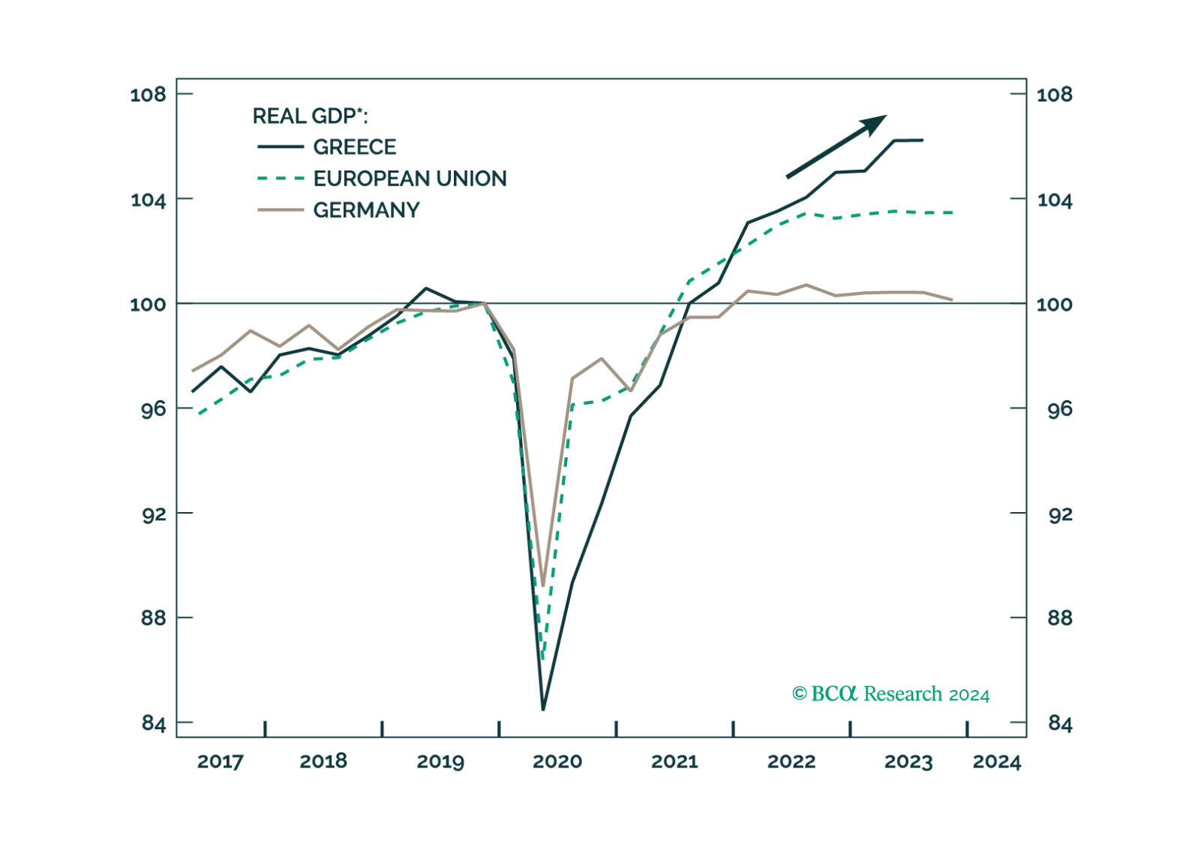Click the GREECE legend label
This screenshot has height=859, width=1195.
click(356, 148)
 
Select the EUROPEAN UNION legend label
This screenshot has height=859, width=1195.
click(410, 178)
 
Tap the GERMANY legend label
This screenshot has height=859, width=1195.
click(365, 210)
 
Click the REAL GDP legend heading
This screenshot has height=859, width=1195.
click(311, 116)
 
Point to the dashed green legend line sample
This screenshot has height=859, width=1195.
click(278, 178)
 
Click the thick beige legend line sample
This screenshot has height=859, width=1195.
click(278, 210)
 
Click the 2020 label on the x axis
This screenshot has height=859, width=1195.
click(557, 761)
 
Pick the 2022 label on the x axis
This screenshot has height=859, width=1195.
click(790, 761)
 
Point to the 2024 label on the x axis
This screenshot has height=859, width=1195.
click(998, 761)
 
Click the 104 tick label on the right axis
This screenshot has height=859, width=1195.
click(1054, 200)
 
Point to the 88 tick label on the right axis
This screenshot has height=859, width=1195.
click(1054, 619)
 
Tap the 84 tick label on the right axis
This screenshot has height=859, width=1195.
click(1054, 724)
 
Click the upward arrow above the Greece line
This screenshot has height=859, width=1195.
click(834, 146)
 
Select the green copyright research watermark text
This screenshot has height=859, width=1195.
click(890, 693)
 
